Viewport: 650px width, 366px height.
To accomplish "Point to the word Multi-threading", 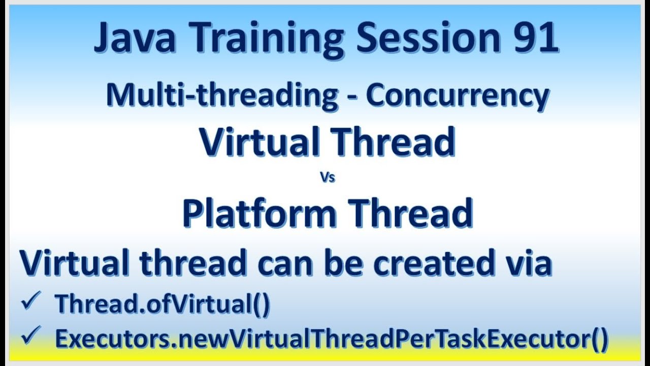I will point(222,95).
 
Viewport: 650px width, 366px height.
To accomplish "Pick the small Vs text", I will point(328,178).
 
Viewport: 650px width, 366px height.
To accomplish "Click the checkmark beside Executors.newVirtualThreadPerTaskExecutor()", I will point(29,337).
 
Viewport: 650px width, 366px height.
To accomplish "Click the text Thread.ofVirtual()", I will point(162,304).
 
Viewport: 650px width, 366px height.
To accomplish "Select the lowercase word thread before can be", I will point(193,263).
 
